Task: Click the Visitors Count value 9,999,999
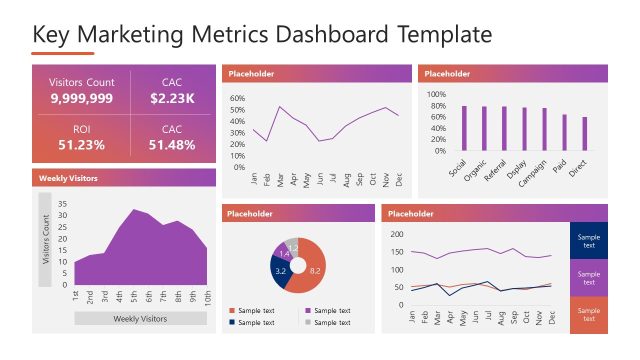(82, 99)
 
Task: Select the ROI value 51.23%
(82, 145)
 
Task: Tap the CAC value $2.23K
(172, 99)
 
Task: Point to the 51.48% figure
(172, 145)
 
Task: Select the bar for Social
(464, 127)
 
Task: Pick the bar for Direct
(585, 133)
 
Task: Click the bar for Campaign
(545, 128)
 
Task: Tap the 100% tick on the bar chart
(436, 95)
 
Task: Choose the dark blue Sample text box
(588, 241)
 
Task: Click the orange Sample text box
(588, 315)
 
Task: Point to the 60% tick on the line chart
(237, 99)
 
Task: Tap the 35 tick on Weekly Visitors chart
(62, 203)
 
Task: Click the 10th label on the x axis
(207, 298)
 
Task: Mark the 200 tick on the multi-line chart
(396, 234)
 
